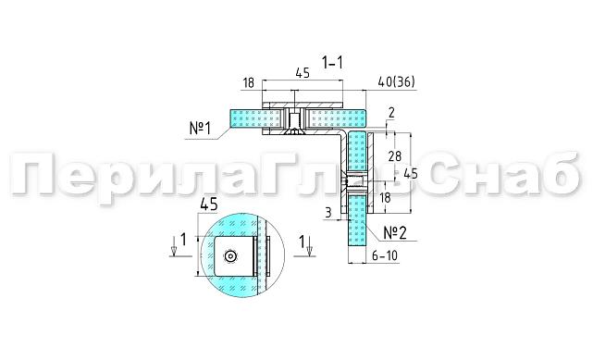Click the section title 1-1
[x=333, y=63]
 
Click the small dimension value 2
[x=391, y=113]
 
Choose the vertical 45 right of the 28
[x=411, y=173]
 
